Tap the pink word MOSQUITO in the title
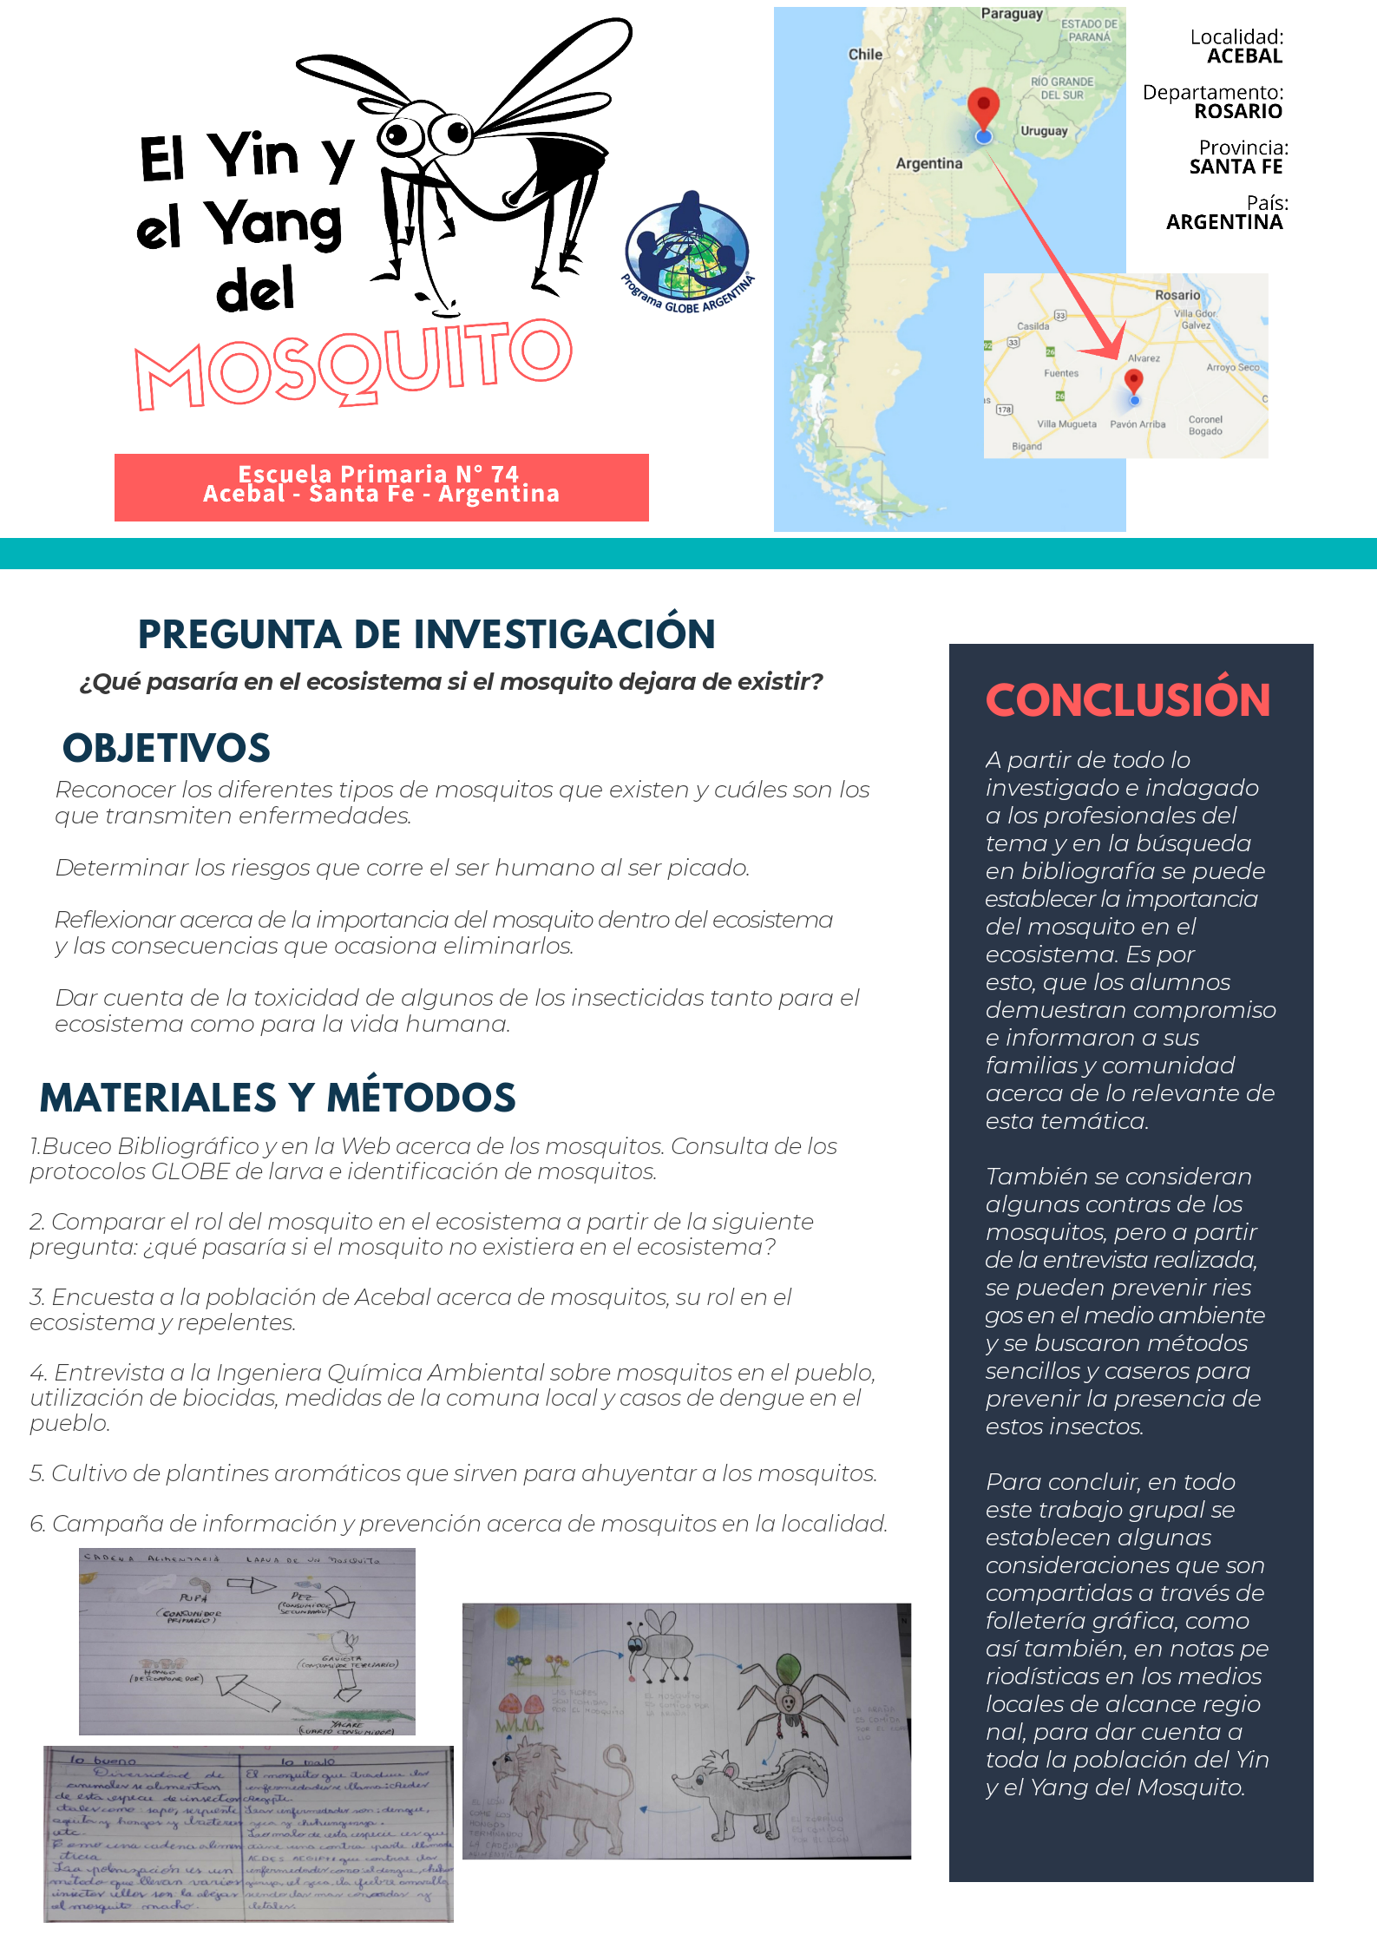tap(354, 364)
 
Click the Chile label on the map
tap(865, 54)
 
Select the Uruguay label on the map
tap(1044, 131)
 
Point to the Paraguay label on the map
tap(1012, 14)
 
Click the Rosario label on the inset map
tap(1177, 295)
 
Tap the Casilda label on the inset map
tap(1033, 326)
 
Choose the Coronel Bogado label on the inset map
tap(1205, 425)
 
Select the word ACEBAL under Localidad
tap(1244, 56)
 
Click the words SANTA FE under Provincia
tap(1236, 167)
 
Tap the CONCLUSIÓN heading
tap(1127, 700)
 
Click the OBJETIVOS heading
tap(167, 748)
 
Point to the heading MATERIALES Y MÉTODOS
tap(278, 1098)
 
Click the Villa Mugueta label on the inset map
tap(1066, 424)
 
